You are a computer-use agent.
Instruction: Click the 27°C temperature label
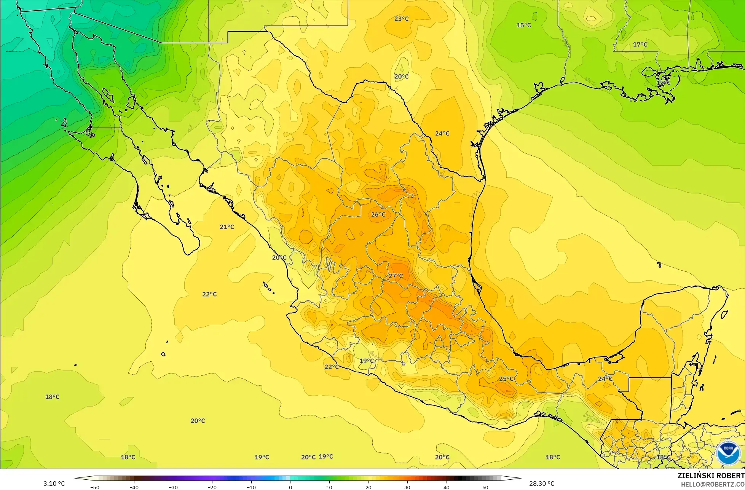(x=396, y=276)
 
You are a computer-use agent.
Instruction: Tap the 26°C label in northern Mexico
(x=378, y=215)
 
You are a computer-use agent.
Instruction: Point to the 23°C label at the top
(x=401, y=19)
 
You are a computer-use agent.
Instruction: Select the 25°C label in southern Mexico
(x=506, y=379)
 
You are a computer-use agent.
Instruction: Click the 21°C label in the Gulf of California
(x=227, y=227)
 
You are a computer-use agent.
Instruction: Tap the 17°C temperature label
(x=640, y=45)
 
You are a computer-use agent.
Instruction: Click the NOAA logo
(x=728, y=453)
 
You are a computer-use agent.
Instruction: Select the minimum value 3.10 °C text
(x=54, y=484)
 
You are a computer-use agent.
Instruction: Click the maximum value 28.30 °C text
(x=542, y=484)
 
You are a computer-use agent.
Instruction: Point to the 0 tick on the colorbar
(x=290, y=487)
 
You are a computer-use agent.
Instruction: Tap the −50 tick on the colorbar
(x=95, y=487)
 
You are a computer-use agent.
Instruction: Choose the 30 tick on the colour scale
(x=407, y=487)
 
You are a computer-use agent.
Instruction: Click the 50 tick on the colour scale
(x=485, y=487)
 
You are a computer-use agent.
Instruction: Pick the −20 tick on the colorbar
(x=212, y=487)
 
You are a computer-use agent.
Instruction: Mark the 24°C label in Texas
(x=442, y=134)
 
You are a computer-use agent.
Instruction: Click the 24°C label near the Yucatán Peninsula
(x=605, y=379)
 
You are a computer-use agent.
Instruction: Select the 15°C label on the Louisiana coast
(x=663, y=83)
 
